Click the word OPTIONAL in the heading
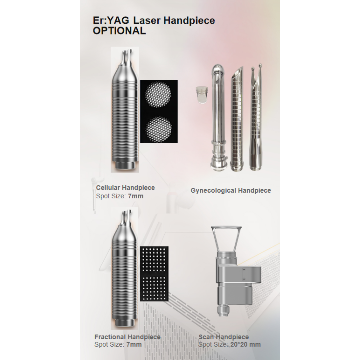[119, 31]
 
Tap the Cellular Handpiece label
[125, 188]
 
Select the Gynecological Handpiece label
[231, 191]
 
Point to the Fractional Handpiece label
[127, 337]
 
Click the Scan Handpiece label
[223, 337]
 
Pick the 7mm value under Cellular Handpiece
[135, 196]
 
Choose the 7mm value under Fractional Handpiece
[134, 344]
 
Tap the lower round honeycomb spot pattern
[159, 128]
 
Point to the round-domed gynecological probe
[217, 113]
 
